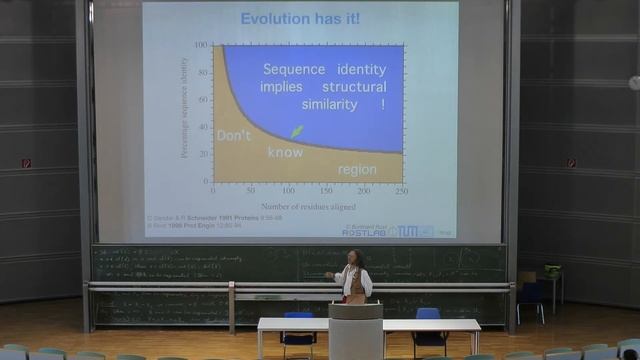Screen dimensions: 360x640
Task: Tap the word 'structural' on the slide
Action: (x=354, y=87)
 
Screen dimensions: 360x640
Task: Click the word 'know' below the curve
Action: (x=284, y=153)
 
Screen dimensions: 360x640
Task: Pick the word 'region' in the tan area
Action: (x=357, y=169)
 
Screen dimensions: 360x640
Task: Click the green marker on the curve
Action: (x=297, y=131)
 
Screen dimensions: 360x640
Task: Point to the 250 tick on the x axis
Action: (x=402, y=190)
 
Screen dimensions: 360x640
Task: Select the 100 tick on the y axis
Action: (x=201, y=46)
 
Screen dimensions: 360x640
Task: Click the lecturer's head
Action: (x=354, y=257)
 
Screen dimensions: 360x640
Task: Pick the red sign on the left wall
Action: (x=27, y=163)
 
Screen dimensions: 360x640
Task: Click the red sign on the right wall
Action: (x=572, y=163)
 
